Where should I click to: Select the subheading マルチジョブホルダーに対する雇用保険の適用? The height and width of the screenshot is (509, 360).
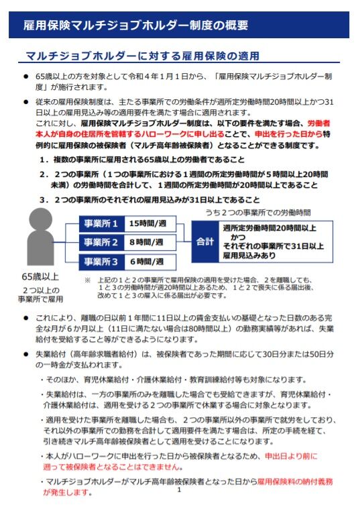coord(141,56)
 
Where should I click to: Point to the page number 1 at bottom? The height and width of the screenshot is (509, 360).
coord(180,490)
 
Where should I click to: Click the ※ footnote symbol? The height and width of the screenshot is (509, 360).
coord(87,280)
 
